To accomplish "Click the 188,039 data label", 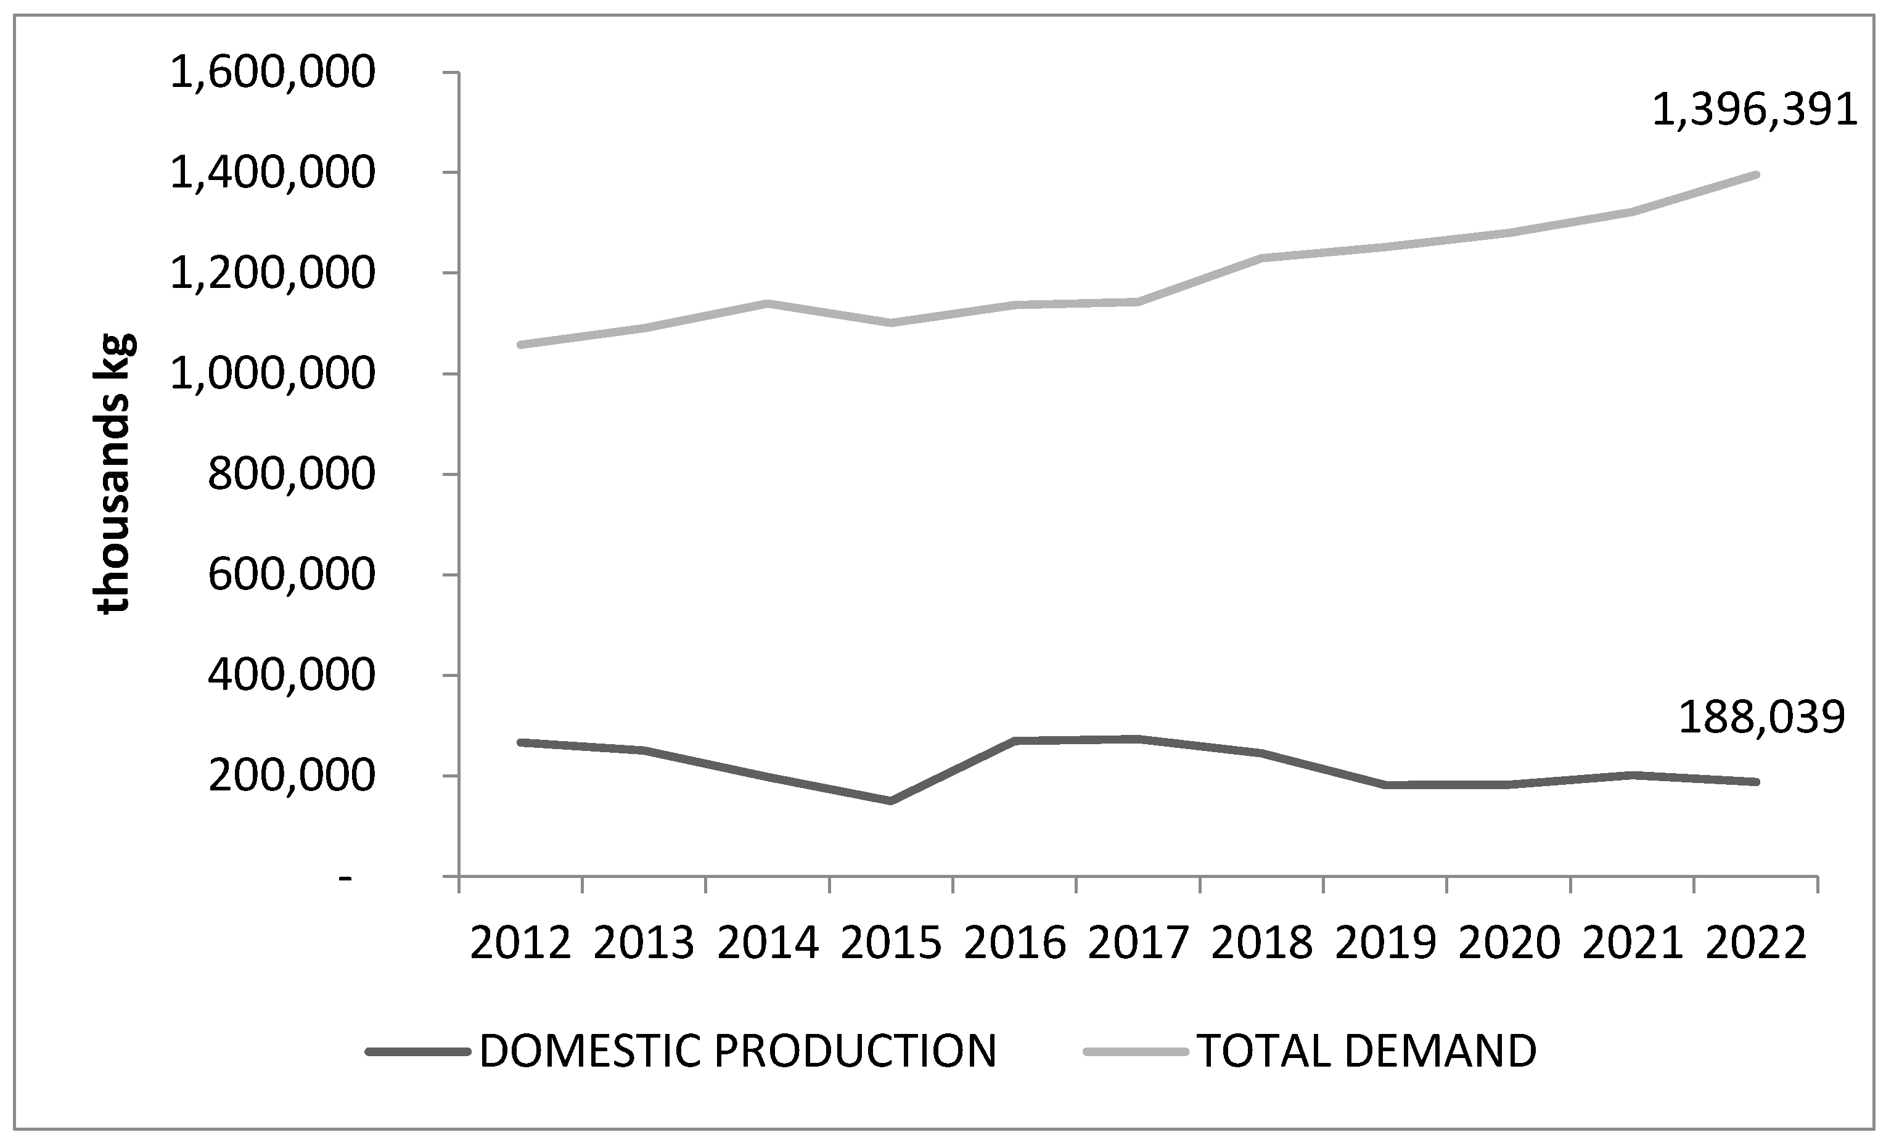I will (1760, 718).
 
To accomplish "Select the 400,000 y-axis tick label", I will (292, 676).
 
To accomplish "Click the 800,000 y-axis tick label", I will (292, 475).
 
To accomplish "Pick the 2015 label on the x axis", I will (891, 943).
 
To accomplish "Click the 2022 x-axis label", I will (1756, 943).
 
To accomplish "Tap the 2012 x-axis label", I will (520, 943).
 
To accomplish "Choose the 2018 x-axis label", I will (1262, 943).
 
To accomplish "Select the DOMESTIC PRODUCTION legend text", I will (738, 1051).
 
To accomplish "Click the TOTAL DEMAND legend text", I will (1366, 1051).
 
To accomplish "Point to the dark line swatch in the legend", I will (418, 1052).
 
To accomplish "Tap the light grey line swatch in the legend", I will (1135, 1052).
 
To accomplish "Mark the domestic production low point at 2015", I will (891, 801).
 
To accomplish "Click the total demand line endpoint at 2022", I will (1756, 175).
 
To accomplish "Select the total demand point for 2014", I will (768, 304).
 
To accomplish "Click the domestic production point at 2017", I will (1138, 739).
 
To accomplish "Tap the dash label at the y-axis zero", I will (346, 878).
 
